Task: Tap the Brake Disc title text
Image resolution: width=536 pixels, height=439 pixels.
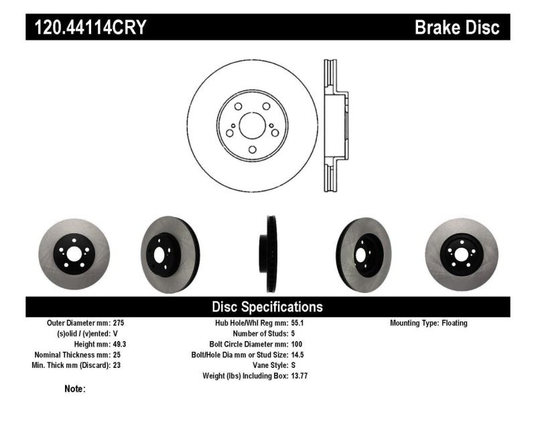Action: pyautogui.click(x=457, y=27)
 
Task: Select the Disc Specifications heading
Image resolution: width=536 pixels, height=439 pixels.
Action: pyautogui.click(x=267, y=307)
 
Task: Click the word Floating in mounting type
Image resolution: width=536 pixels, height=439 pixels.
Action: pyautogui.click(x=454, y=323)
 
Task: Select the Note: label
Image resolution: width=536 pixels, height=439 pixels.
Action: pyautogui.click(x=74, y=389)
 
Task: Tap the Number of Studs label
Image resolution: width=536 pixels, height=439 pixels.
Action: pyautogui.click(x=260, y=334)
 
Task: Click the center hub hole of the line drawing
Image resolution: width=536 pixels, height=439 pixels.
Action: pyautogui.click(x=252, y=125)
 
